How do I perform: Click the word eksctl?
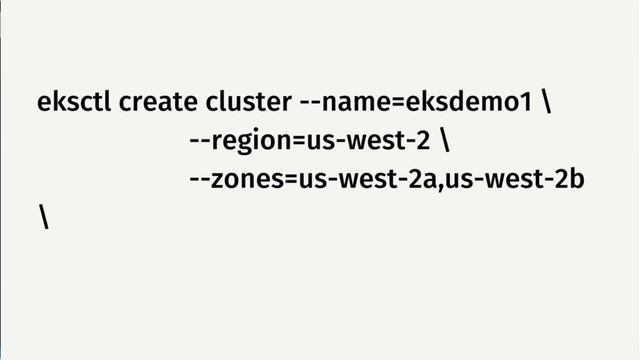coord(74,103)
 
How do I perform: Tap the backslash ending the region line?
coord(445,141)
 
